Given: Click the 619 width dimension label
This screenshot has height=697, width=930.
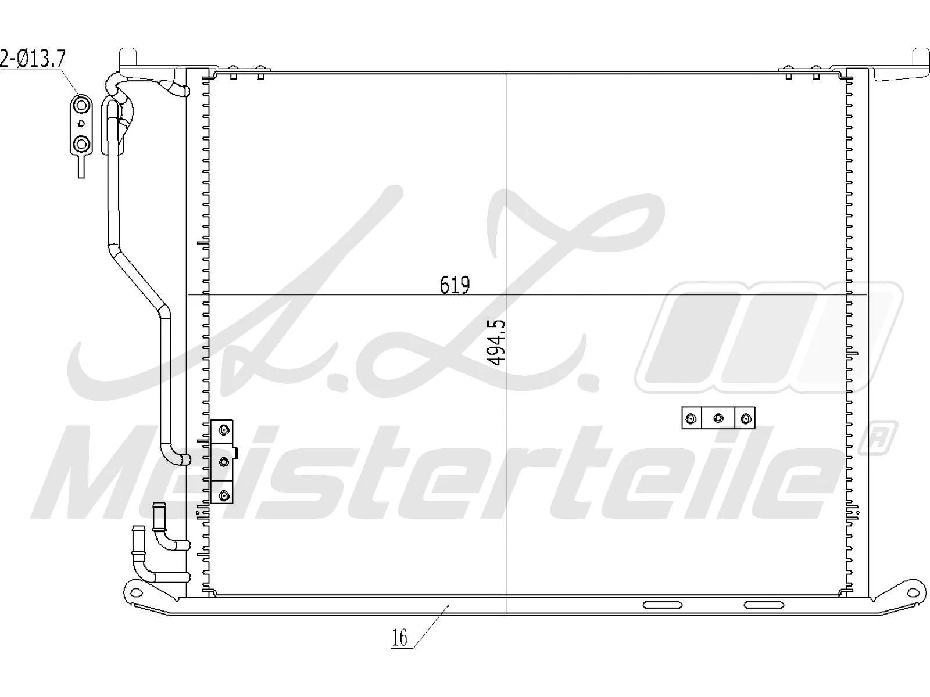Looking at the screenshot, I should (x=455, y=285).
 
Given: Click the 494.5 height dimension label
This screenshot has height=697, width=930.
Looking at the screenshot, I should (x=497, y=342).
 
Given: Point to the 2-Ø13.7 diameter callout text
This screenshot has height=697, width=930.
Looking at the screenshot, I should (x=33, y=59).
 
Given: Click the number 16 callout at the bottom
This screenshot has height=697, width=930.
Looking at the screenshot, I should (x=399, y=638).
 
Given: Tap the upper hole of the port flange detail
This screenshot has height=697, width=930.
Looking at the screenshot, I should (x=81, y=105).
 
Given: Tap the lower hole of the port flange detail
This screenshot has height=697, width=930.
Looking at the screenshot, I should (x=81, y=143).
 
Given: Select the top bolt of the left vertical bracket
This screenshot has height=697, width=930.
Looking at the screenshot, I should (x=224, y=430).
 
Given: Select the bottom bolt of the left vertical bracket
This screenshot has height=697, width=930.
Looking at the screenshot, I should (x=224, y=495).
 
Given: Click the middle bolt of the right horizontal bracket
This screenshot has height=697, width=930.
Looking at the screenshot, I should (x=718, y=418).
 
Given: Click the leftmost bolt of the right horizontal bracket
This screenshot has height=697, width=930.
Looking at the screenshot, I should (x=691, y=418).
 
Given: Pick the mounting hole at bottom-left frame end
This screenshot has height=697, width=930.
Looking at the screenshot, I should (x=136, y=592).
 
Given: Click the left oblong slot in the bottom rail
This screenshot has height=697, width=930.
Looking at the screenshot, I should (x=663, y=605).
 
